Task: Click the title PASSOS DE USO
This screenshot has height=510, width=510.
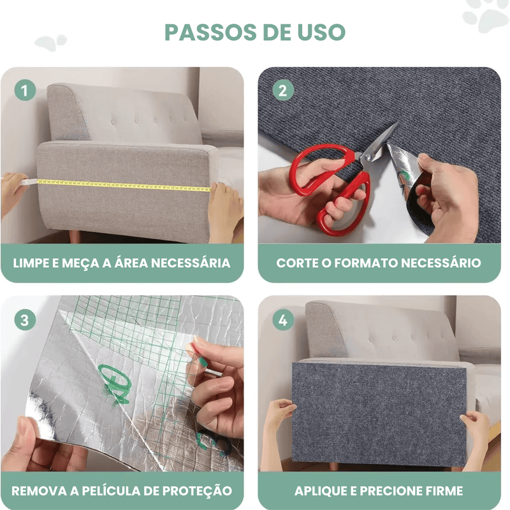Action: (x=254, y=31)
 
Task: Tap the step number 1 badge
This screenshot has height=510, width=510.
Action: (x=25, y=90)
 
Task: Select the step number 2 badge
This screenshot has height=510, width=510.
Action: (x=282, y=90)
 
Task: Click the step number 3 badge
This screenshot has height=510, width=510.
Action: (x=25, y=319)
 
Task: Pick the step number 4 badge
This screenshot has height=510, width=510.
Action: (x=282, y=319)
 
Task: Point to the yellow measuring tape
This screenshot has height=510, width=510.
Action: (x=121, y=184)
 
